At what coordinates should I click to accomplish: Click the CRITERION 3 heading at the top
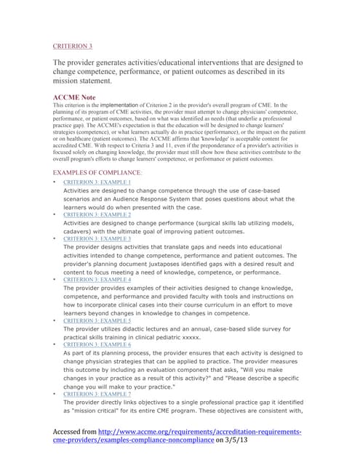click(73, 45)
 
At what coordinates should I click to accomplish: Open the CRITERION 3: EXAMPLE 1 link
click(97, 182)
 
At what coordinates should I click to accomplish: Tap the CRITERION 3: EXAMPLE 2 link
click(97, 215)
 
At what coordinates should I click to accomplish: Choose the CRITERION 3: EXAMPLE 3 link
click(97, 238)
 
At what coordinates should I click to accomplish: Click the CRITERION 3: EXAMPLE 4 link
click(97, 279)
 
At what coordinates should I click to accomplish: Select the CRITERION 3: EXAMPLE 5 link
click(97, 320)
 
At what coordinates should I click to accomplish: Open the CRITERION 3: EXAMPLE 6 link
click(97, 344)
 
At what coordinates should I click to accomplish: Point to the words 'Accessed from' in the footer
click(78, 432)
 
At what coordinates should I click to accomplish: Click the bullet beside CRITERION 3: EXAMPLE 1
click(56, 182)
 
